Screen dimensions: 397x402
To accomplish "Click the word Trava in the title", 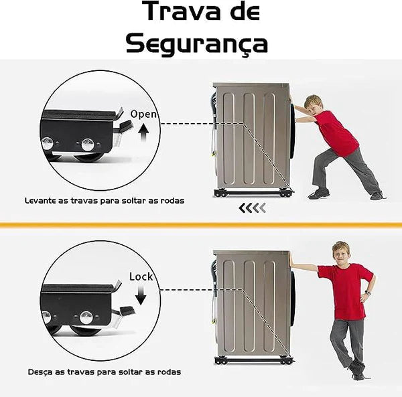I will [175, 13].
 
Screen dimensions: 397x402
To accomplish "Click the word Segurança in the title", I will [197, 44].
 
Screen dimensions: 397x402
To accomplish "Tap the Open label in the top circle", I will [143, 114].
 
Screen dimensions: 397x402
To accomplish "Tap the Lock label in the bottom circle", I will [141, 276].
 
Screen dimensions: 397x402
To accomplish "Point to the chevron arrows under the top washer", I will [253, 208].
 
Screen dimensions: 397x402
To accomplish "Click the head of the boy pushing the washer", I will [314, 103].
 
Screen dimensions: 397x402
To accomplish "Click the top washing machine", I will [252, 137].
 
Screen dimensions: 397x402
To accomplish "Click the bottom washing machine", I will [252, 305].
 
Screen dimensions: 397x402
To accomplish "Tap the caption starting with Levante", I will [104, 200].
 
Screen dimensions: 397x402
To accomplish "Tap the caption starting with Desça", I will [104, 372].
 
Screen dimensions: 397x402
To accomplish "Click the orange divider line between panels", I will [201, 225].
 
